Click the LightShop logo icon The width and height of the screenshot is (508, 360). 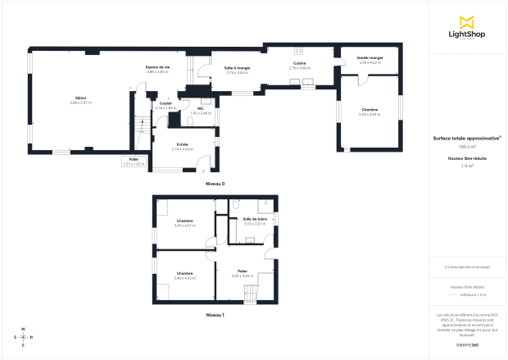point(468,21)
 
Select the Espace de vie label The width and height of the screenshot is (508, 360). point(157,67)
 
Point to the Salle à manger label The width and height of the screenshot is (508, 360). point(237,68)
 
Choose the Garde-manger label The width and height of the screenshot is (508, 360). point(370,57)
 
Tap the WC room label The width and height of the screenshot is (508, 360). point(200,108)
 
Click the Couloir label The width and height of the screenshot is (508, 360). point(166,103)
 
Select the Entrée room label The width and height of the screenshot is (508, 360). point(182,144)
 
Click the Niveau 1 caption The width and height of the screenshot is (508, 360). point(215,315)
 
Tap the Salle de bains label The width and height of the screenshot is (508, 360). point(255,219)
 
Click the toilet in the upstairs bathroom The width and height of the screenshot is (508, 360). point(236,203)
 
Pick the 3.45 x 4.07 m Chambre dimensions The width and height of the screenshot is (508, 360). point(185,225)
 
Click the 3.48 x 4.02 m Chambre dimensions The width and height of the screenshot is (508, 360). point(184,278)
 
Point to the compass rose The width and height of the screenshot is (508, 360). point(23,337)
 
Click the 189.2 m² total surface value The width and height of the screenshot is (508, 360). point(467,148)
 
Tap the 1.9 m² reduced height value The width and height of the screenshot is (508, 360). point(467,166)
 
